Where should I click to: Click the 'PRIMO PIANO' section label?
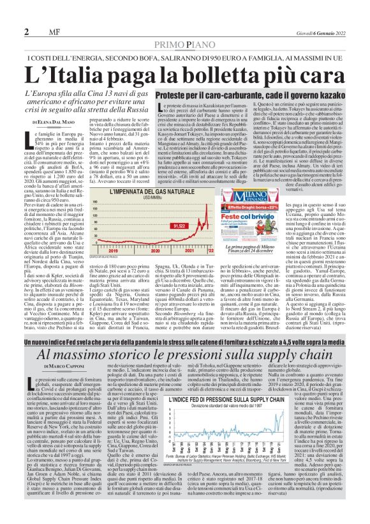(184, 43)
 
